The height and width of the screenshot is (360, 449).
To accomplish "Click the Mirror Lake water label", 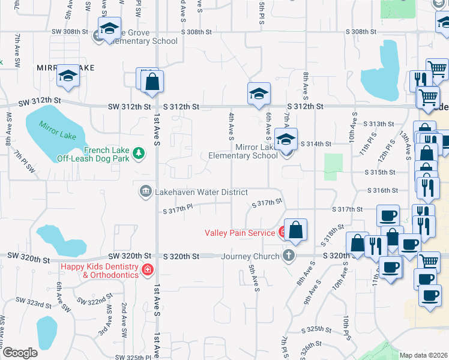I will click(x=58, y=131).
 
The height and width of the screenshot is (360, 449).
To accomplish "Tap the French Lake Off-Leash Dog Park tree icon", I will click(x=139, y=154).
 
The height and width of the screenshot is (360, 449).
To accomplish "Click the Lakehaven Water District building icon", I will click(x=145, y=191).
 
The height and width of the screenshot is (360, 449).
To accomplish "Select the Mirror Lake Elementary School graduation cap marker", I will click(x=286, y=139).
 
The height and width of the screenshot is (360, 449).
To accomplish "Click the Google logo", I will click(x=19, y=353).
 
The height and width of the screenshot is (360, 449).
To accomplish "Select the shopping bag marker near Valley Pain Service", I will click(x=296, y=229).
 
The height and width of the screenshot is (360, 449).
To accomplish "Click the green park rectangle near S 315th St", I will click(x=333, y=167).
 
